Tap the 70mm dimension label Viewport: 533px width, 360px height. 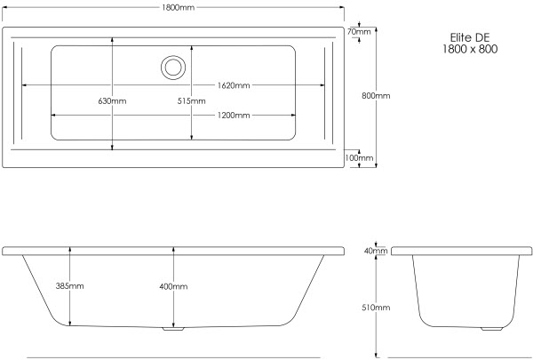[359, 32]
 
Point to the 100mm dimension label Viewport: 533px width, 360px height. [363, 158]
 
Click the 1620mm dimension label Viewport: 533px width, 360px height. [234, 85]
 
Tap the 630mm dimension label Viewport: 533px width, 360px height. [112, 100]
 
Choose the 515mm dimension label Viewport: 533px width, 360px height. [192, 100]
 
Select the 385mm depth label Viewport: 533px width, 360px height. [70, 285]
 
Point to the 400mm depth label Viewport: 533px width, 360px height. [174, 286]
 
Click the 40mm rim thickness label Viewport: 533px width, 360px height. [377, 251]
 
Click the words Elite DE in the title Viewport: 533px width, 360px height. [470, 37]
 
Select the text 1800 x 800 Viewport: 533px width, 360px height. [470, 50]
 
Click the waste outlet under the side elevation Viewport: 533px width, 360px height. [173, 330]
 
